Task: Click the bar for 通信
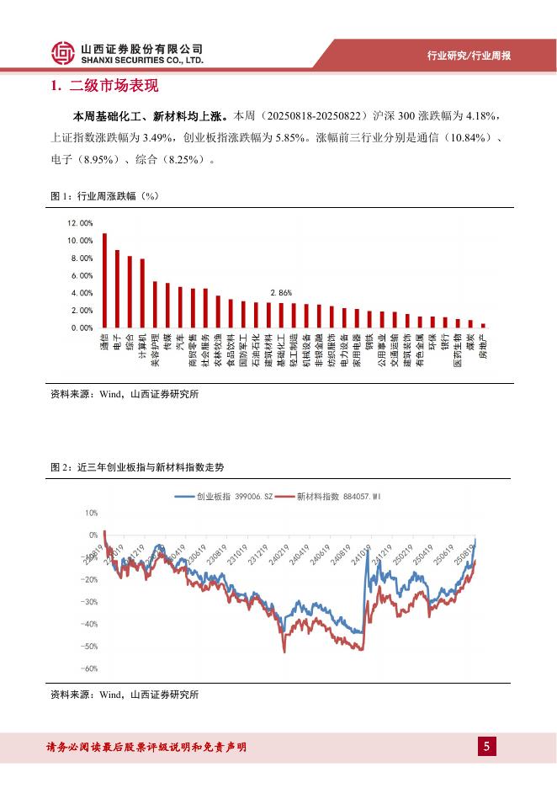click(104, 280)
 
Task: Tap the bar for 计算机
click(142, 293)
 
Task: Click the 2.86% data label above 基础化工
click(280, 292)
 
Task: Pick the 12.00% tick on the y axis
click(80, 223)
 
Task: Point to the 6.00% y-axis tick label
click(82, 275)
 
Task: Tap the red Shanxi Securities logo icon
click(62, 54)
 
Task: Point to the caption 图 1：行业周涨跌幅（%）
click(104, 196)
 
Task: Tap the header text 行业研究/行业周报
click(469, 56)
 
